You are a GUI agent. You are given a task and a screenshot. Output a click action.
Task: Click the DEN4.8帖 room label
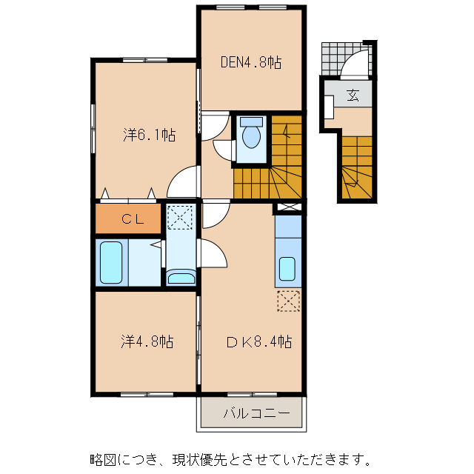(x=251, y=62)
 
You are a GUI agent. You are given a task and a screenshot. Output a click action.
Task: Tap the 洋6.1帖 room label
(x=148, y=135)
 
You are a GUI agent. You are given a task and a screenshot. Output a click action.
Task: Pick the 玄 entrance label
(x=353, y=95)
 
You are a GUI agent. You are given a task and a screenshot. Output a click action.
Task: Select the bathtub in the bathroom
(x=111, y=262)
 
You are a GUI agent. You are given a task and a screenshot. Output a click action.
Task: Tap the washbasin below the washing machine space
(x=181, y=278)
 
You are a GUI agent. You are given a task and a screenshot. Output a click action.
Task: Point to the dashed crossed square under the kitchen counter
(x=289, y=301)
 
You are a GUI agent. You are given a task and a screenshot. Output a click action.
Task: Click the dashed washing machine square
(x=179, y=217)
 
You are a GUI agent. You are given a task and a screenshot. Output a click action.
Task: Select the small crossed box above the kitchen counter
(x=288, y=207)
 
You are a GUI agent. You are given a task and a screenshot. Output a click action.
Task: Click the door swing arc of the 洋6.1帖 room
(x=185, y=181)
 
